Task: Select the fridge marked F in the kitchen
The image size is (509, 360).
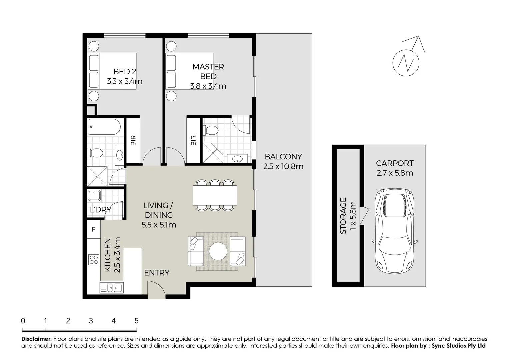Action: click(94, 229)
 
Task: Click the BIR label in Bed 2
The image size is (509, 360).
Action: click(133, 140)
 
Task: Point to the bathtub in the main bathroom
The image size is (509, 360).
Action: click(104, 127)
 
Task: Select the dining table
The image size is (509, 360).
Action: click(215, 195)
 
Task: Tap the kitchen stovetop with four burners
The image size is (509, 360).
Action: click(94, 259)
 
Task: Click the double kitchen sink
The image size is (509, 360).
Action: click(111, 287)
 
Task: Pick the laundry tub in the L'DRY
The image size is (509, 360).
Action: click(94, 196)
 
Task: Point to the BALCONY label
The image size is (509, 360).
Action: click(283, 157)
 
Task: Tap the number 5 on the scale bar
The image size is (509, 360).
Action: click(136, 321)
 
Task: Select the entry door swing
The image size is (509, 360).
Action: click(156, 289)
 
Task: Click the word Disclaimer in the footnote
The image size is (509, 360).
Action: click(36, 339)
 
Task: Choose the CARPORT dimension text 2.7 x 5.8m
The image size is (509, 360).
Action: click(395, 173)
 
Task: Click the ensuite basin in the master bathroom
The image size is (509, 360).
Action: click(237, 159)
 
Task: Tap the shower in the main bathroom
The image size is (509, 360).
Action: click(97, 176)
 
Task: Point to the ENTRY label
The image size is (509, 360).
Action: click(157, 273)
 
